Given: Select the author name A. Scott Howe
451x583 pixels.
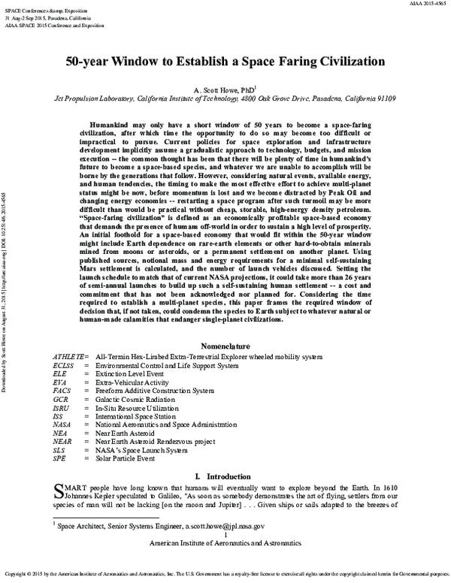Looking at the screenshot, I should click(222, 88).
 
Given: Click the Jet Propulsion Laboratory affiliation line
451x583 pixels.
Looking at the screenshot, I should click(225, 98).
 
